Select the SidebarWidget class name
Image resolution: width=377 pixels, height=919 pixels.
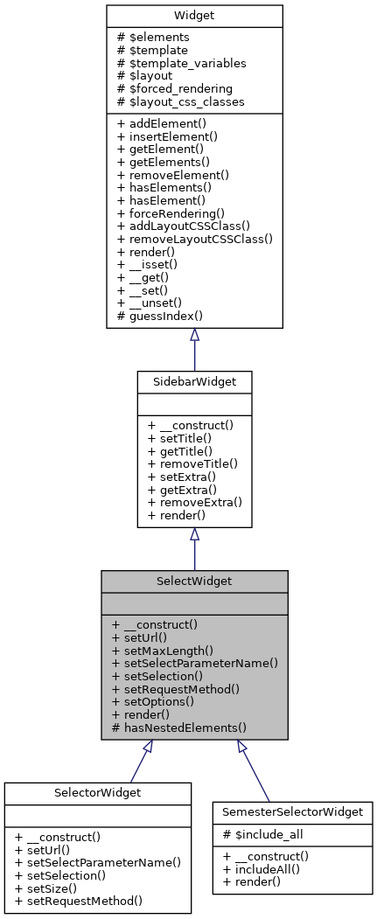click(194, 382)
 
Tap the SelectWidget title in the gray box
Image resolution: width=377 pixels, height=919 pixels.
click(194, 581)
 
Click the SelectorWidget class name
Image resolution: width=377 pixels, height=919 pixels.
click(97, 792)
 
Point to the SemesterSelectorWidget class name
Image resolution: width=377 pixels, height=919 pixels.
click(293, 812)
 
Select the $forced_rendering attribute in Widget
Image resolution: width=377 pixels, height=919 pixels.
click(178, 89)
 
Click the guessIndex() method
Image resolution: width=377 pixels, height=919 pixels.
click(159, 316)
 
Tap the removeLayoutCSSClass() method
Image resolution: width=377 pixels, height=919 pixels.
click(195, 238)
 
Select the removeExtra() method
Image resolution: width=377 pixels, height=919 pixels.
click(195, 503)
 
